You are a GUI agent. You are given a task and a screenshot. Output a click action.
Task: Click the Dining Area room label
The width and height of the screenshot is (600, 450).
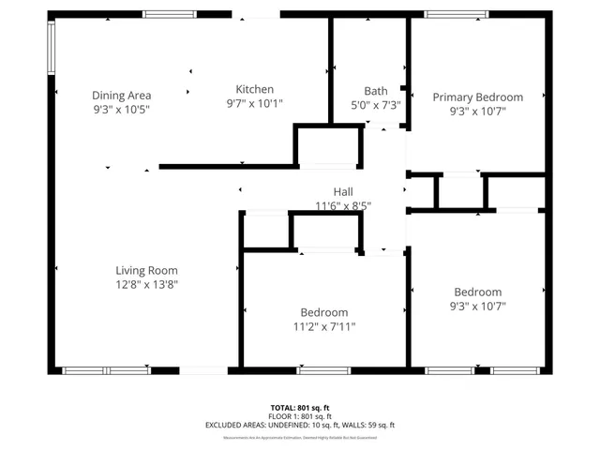[121, 95]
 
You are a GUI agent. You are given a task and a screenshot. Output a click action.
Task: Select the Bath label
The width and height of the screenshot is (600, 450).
[375, 91]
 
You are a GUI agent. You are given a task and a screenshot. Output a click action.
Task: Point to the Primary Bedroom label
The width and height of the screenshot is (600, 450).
[477, 97]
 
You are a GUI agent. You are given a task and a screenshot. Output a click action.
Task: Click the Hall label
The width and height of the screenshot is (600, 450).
[342, 191]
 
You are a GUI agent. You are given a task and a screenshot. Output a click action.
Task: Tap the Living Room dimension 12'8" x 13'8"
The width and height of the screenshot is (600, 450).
[146, 284]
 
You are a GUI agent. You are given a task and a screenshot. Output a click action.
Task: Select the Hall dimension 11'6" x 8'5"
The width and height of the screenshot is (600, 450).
[342, 205]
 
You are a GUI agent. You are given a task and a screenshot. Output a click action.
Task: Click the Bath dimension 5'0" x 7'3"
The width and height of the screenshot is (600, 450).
[375, 105]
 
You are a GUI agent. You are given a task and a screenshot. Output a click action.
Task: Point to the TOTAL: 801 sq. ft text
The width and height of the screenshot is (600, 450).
[299, 407]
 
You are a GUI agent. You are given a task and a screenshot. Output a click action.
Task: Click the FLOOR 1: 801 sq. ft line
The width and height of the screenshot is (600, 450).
[299, 415]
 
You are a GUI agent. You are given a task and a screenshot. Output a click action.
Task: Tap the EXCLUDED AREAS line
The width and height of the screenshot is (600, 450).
[299, 425]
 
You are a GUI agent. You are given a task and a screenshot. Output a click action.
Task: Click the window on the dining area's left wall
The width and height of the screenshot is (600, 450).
[52, 48]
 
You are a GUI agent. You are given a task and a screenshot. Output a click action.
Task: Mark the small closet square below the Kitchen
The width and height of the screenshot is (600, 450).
[328, 146]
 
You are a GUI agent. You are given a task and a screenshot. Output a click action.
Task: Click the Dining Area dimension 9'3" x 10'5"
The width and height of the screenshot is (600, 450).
[121, 109]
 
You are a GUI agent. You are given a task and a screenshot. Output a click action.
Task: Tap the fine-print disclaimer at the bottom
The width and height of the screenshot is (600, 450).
[299, 437]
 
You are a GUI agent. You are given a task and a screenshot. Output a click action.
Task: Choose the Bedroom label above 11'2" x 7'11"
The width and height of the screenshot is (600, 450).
[324, 312]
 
